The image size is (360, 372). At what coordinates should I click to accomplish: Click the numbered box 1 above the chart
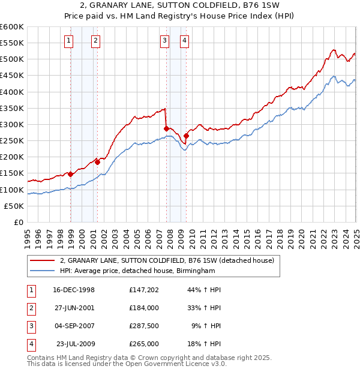pyautogui.click(x=70, y=41)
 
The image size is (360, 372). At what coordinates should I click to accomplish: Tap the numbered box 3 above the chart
pyautogui.click(x=164, y=41)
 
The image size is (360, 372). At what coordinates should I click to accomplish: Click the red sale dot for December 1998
pyautogui.click(x=70, y=174)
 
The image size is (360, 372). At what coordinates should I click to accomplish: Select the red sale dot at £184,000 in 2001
pyautogui.click(x=97, y=162)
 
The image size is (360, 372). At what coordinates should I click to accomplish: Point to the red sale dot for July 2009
pyautogui.click(x=186, y=136)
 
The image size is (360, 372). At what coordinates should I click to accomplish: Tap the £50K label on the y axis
pyautogui.click(x=14, y=206)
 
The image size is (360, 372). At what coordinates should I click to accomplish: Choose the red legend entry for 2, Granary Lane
pyautogui.click(x=167, y=260)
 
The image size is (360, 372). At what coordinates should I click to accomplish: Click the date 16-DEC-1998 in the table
pyautogui.click(x=73, y=290)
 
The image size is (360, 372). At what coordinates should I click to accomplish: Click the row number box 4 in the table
pyautogui.click(x=31, y=344)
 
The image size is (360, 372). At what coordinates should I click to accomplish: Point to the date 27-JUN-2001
pyautogui.click(x=73, y=308)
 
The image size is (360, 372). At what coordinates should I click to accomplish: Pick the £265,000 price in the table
pyautogui.click(x=144, y=344)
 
